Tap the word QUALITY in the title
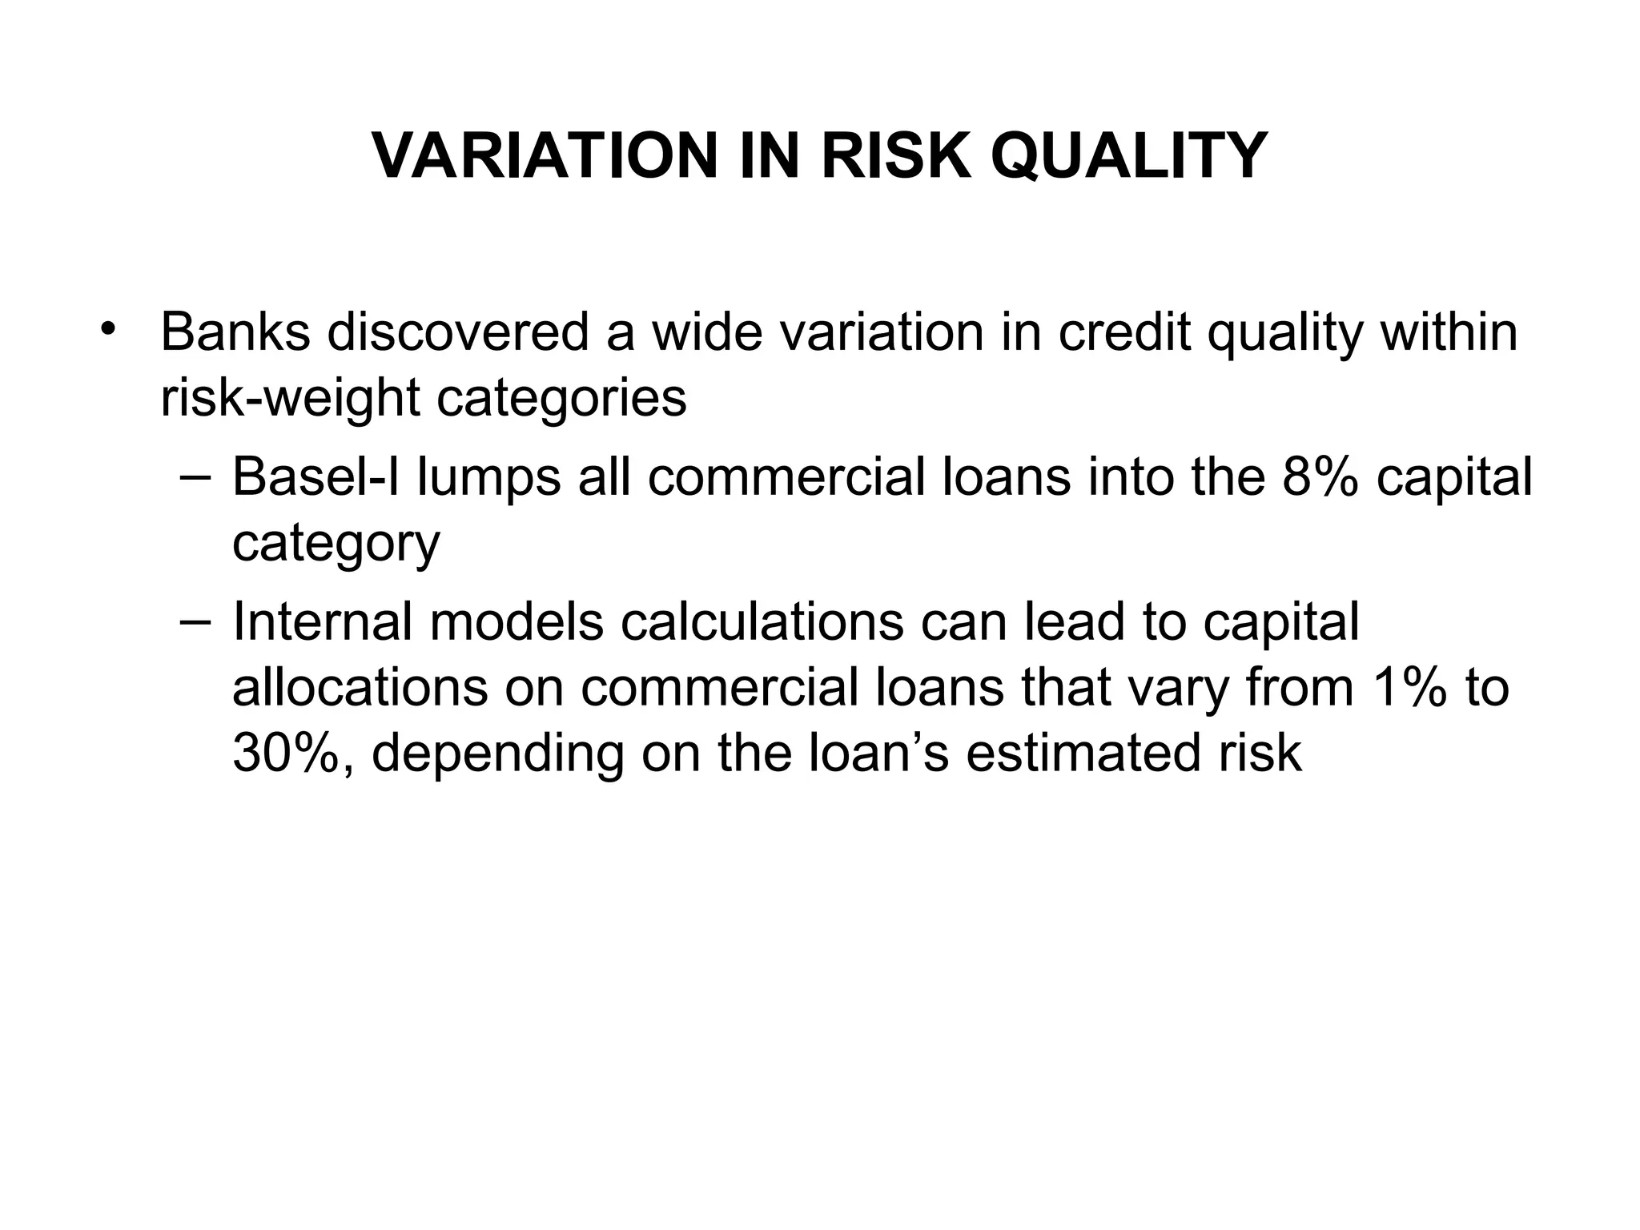coord(1128,156)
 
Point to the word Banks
coord(235,332)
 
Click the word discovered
coord(457,332)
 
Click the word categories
coord(561,399)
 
